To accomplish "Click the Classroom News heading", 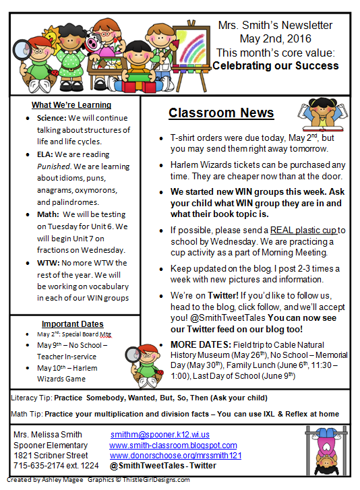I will (221, 113).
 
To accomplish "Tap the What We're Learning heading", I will (71, 104).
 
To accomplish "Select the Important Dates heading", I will (72, 324).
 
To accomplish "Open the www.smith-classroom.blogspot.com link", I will (173, 445).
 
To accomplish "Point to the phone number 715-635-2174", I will (40, 465).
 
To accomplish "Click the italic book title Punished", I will (55, 177).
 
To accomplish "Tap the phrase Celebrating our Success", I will (276, 66).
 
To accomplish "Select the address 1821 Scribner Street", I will (51, 455).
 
